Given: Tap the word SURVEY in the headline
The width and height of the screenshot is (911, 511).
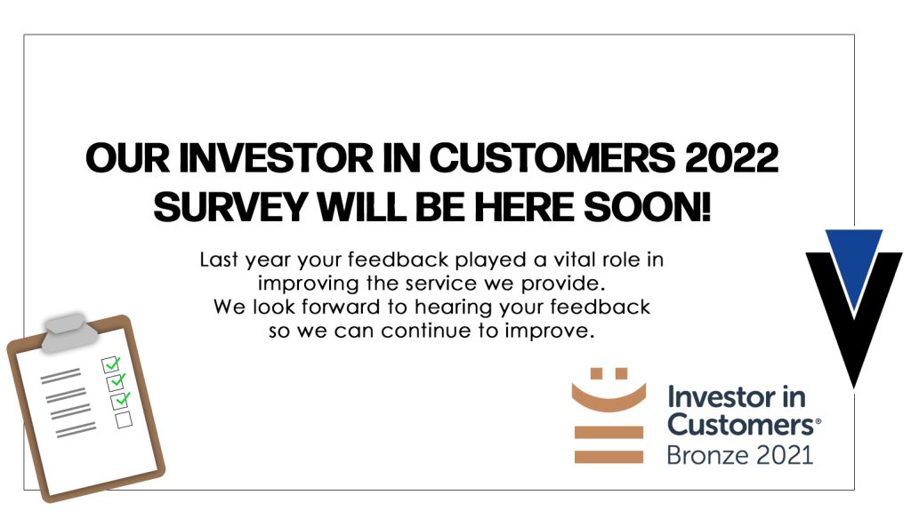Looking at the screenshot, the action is click(x=230, y=207).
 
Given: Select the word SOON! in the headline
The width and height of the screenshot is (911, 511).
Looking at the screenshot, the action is click(x=647, y=207).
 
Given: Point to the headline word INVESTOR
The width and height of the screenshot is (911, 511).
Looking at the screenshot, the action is click(x=276, y=157).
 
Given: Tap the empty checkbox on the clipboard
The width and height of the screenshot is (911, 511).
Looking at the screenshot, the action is click(x=124, y=419).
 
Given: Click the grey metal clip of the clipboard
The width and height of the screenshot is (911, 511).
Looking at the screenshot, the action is click(x=69, y=331).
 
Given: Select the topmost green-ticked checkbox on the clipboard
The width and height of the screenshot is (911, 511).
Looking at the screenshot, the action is click(x=111, y=364).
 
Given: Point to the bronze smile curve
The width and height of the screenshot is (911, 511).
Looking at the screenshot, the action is click(x=609, y=398).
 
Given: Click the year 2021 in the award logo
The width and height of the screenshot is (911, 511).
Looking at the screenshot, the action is click(x=781, y=455).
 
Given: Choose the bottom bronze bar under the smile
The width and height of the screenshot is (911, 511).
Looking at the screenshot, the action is click(x=609, y=457).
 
